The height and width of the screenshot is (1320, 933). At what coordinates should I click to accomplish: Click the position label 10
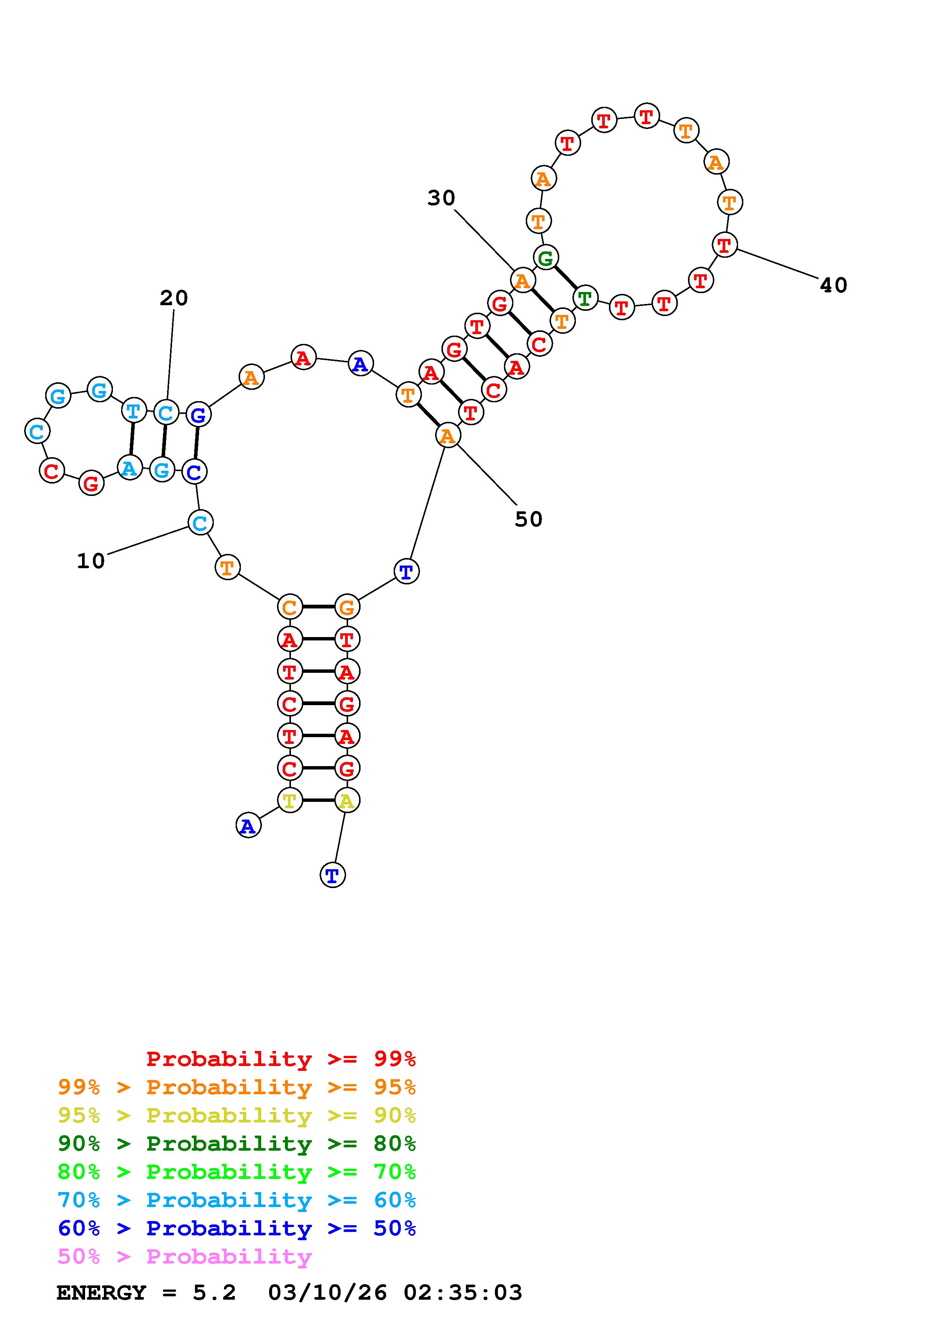pos(91,561)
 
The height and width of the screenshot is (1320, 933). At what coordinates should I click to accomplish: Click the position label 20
pos(174,298)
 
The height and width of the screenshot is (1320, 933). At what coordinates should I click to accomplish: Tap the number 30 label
pos(441,198)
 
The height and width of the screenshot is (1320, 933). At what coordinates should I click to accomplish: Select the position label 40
pos(833,285)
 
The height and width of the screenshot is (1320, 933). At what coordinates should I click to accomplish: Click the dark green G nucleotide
pos(546,257)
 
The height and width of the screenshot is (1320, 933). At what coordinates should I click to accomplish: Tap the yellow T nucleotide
pos(289,800)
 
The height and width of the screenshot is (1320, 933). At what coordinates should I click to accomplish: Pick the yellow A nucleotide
pos(347,800)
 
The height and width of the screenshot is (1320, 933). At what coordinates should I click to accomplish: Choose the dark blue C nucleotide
pos(194,472)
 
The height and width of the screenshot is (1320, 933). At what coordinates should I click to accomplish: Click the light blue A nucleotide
pos(130,468)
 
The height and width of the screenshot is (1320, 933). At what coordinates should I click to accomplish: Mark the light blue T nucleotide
pos(133,411)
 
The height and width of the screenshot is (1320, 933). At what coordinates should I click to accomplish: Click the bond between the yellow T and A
pos(318,800)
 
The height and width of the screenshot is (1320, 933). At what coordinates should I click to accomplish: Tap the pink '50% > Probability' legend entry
pos(184,1257)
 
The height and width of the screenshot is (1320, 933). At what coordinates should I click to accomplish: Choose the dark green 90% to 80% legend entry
pos(237,1144)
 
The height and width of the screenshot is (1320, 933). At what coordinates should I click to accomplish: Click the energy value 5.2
pos(214,1293)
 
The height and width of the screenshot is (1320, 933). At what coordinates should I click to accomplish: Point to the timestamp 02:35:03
pos(463,1293)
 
